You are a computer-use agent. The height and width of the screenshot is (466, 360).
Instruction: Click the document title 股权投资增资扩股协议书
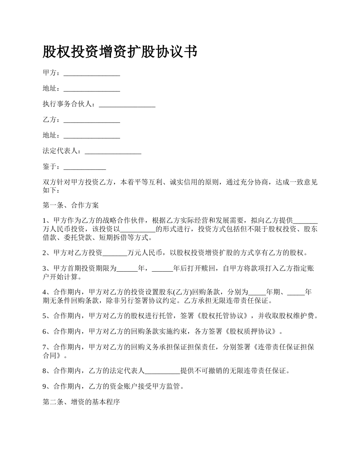click(x=120, y=52)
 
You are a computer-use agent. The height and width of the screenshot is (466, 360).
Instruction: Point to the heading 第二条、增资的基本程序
click(x=81, y=402)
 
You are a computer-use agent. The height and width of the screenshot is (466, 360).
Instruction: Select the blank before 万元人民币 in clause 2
click(x=115, y=253)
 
